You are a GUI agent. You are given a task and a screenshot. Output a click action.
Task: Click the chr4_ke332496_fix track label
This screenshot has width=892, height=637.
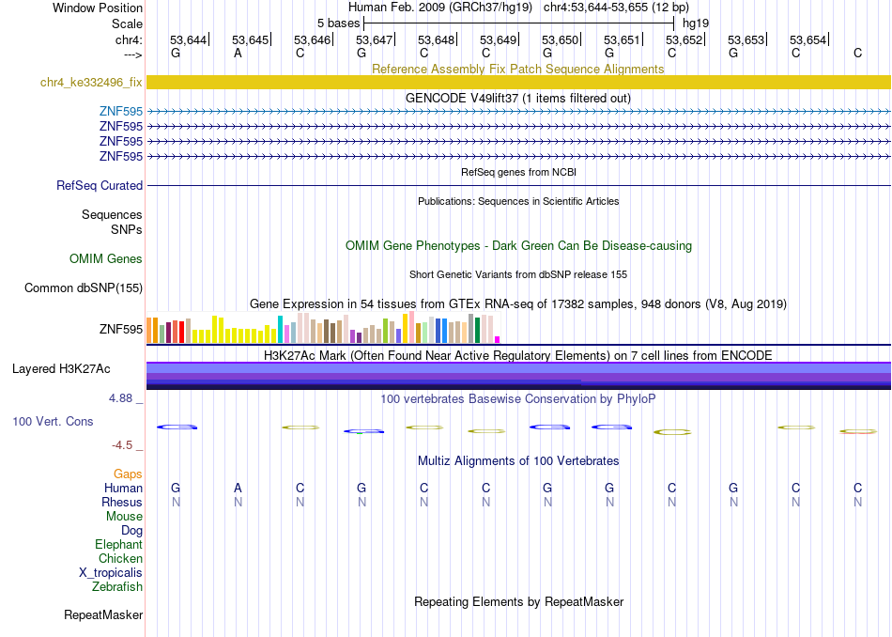coord(91,82)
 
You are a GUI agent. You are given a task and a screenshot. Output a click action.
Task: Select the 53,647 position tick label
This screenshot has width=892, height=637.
coord(374,39)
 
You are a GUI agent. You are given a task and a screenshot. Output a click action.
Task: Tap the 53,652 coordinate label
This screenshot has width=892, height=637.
coord(684,39)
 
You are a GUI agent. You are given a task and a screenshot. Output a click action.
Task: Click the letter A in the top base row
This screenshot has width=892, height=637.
coord(238,53)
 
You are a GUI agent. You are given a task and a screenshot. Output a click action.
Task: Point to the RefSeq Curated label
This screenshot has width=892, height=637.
coord(100,186)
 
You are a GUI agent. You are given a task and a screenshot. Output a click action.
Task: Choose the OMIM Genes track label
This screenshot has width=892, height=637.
coord(106,259)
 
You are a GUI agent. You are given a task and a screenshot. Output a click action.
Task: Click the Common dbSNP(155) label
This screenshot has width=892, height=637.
coord(84,288)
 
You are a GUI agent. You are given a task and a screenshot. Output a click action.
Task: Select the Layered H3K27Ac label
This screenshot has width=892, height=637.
coord(61,369)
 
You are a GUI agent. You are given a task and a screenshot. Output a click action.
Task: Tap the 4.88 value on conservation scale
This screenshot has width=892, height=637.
coord(120,398)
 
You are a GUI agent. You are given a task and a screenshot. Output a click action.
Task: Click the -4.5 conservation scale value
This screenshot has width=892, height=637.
coord(122,445)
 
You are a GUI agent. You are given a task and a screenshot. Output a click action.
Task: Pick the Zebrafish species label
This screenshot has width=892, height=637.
coord(117,586)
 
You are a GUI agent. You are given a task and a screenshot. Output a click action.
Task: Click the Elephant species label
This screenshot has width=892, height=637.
coord(119,544)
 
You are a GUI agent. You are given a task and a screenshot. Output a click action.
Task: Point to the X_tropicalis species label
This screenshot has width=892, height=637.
coord(111,573)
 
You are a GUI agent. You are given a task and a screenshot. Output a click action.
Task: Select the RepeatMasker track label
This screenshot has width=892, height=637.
coord(103,614)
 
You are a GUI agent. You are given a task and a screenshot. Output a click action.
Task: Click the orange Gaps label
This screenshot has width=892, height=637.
coord(128,474)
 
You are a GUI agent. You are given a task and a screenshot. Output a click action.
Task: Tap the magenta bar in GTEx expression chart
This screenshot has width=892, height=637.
coord(498,339)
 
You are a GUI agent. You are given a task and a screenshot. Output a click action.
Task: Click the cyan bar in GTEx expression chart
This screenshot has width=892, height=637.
coord(280,329)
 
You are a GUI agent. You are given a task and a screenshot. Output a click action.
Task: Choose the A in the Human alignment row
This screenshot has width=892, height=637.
coord(238,488)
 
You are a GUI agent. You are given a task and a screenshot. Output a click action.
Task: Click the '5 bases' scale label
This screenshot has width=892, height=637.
coord(338,23)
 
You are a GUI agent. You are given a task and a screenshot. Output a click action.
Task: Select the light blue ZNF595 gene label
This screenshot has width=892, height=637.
coord(121,112)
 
